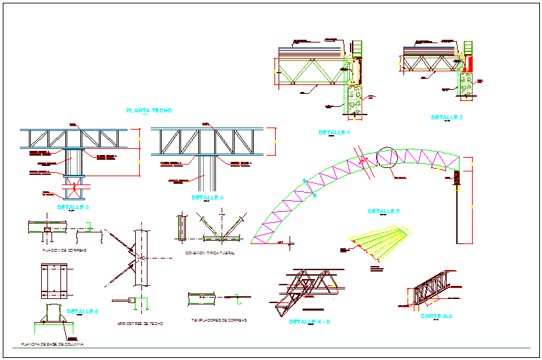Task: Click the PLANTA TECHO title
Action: [x=149, y=110]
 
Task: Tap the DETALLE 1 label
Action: [x=334, y=132]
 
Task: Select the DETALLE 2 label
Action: [x=447, y=117]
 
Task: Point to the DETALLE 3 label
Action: [x=73, y=206]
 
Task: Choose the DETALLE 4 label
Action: [x=207, y=197]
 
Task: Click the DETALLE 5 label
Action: [x=384, y=211]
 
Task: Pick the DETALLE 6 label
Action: [x=82, y=311]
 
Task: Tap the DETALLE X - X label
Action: [x=310, y=321]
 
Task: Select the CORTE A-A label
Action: [x=436, y=316]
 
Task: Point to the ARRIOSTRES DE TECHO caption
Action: [x=140, y=323]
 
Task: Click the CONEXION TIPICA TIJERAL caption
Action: [x=210, y=252]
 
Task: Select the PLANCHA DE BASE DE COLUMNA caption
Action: [x=52, y=344]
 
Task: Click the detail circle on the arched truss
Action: [x=386, y=158]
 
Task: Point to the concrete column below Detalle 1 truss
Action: [x=355, y=99]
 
